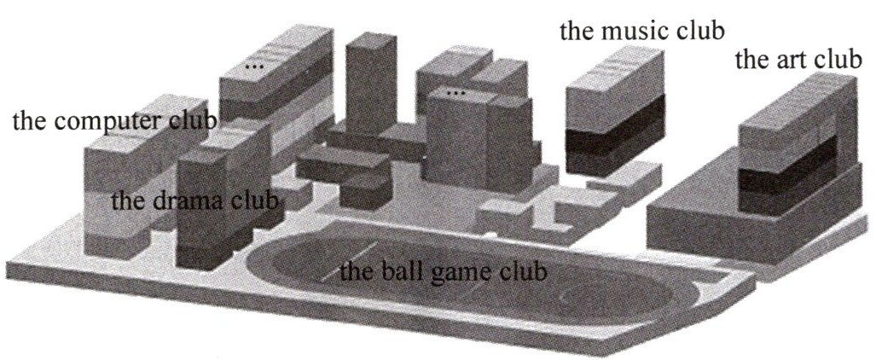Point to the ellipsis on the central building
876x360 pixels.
(x=457, y=90)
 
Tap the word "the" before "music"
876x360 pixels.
(x=576, y=32)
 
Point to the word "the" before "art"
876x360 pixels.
(x=751, y=61)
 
